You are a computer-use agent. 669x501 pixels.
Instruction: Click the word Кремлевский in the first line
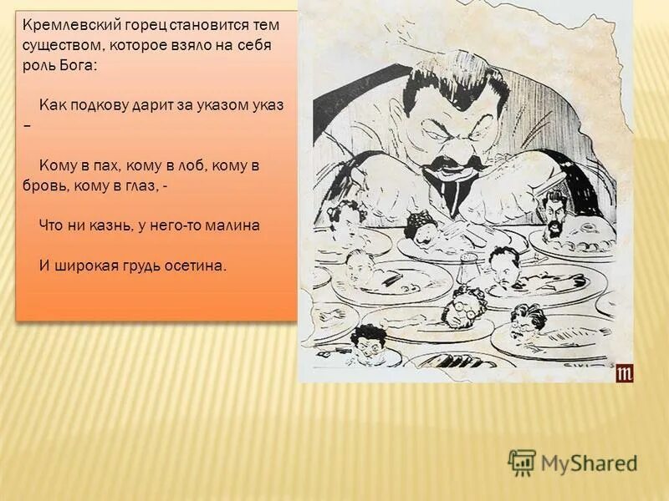tap(61, 25)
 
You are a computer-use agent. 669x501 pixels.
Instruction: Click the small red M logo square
tap(625, 373)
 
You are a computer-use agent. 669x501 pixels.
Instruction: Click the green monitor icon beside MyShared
tap(522, 462)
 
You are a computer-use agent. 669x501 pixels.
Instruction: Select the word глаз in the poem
tap(140, 188)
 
